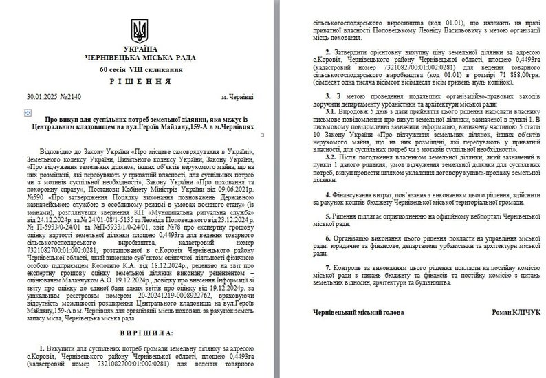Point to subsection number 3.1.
[331, 110]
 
